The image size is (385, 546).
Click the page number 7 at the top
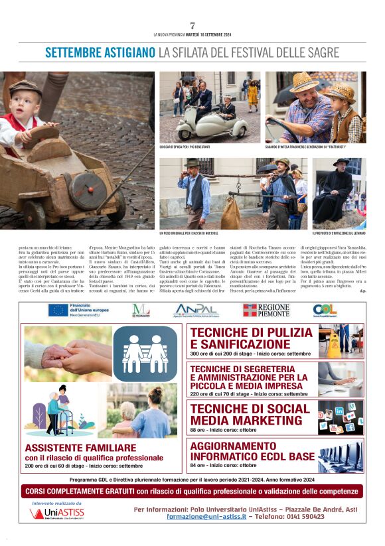193,25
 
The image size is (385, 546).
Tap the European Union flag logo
58,310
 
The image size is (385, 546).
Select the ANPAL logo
195,310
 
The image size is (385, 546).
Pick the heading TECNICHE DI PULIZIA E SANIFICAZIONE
250,338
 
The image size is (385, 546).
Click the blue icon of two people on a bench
145,353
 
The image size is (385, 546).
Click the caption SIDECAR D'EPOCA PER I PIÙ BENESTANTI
185,147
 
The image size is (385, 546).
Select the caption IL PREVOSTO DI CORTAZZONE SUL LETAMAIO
339,234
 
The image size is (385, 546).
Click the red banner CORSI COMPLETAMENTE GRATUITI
193,492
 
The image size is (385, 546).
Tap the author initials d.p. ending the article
362,291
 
